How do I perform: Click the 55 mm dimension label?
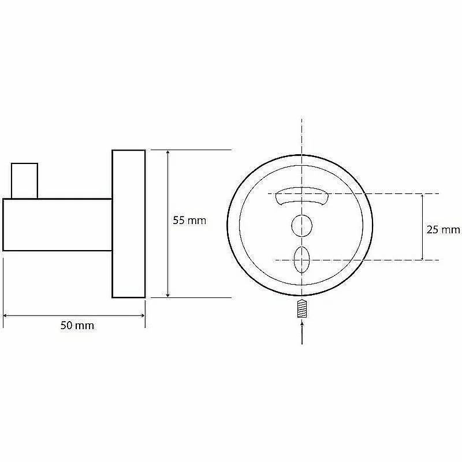point(189,221)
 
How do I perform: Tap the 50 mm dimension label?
point(77,325)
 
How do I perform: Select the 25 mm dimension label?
point(443,229)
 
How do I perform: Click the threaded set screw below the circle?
point(301,308)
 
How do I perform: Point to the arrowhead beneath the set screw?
point(301,323)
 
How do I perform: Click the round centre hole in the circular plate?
point(301,226)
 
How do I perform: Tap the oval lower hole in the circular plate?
point(301,259)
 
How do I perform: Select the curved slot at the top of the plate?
point(302,195)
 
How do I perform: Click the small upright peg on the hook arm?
point(24,181)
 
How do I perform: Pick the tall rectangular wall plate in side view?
point(129,224)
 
